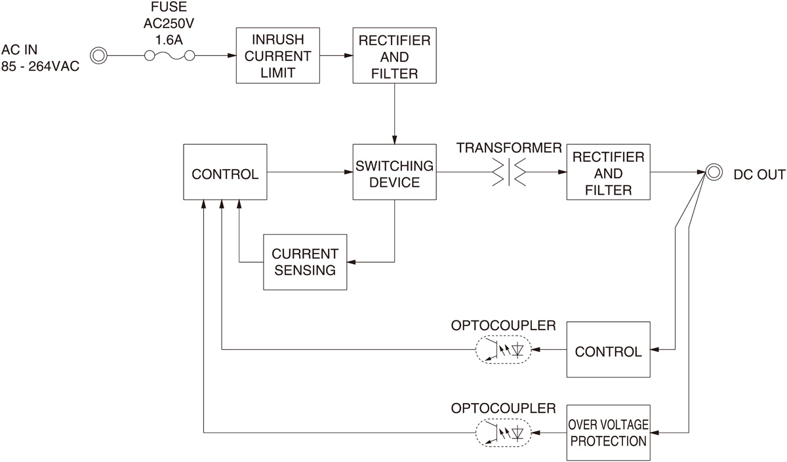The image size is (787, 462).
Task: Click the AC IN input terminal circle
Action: [98, 56]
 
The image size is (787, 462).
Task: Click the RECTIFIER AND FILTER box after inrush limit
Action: [394, 56]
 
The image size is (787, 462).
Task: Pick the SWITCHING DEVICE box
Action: [394, 172]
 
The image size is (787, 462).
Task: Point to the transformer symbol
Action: [509, 173]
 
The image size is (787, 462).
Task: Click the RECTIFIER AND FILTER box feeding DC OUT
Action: [608, 173]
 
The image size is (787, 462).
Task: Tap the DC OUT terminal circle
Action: [712, 173]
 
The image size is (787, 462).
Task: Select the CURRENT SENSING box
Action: [305, 261]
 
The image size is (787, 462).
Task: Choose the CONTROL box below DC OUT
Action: [608, 350]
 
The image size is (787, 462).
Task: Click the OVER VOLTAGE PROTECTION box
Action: [608, 433]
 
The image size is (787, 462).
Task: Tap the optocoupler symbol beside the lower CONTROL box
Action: [502, 350]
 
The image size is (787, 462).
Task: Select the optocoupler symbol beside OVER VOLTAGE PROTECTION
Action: [502, 433]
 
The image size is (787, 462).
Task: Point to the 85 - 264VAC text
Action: [41, 66]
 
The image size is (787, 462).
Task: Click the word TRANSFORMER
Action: [509, 148]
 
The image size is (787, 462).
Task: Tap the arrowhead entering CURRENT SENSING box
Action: [351, 261]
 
